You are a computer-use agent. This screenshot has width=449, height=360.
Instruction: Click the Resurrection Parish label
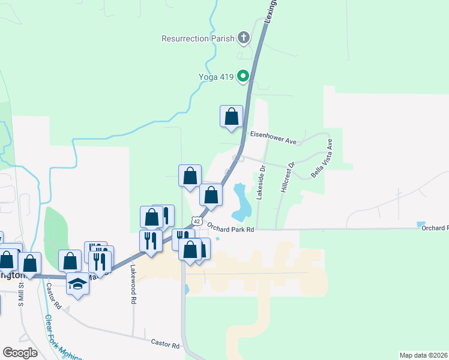197,38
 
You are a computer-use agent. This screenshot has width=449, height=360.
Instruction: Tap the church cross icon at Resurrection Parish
244,38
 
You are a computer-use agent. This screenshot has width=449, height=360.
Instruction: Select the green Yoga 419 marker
243,76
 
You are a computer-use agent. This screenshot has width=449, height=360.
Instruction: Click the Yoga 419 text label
216,77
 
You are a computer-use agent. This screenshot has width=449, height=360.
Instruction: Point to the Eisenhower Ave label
274,142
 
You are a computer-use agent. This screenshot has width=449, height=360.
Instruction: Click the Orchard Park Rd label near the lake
231,229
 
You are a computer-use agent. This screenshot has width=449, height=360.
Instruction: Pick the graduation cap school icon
77,283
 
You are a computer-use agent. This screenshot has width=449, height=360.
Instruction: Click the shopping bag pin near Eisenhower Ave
231,116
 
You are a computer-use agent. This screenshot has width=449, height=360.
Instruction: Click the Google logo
20,353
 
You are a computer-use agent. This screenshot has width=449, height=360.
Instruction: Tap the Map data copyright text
423,355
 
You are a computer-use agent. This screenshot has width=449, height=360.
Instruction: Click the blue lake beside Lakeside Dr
241,202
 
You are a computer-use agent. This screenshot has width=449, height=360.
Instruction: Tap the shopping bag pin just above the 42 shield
211,195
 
